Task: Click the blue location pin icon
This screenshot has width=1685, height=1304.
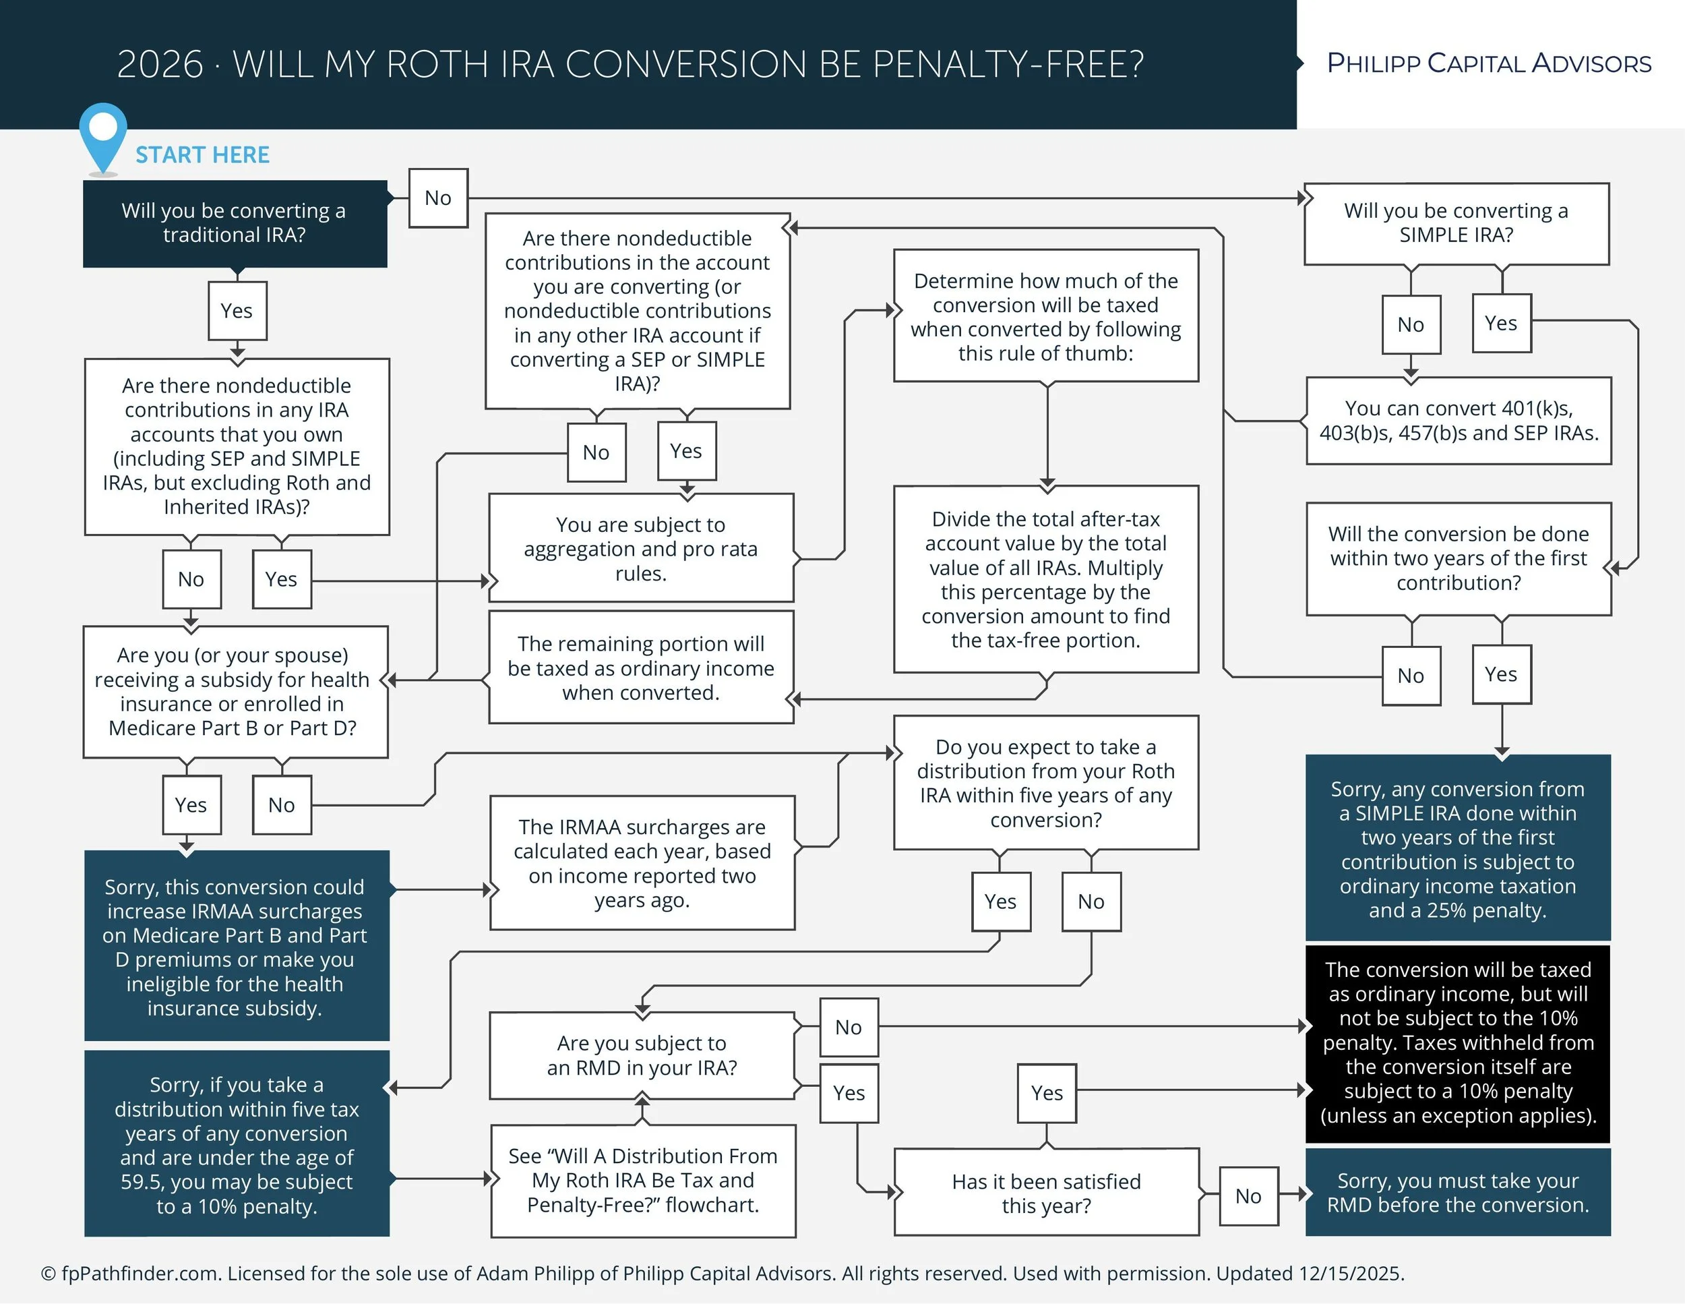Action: coord(102,133)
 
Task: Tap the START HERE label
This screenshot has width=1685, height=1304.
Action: coord(202,155)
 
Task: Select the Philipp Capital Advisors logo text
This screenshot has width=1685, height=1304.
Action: coord(1488,63)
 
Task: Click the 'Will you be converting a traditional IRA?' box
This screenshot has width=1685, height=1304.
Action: coord(235,224)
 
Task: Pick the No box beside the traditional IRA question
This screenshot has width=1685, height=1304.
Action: coord(438,198)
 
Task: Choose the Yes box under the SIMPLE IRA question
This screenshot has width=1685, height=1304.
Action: coord(1500,323)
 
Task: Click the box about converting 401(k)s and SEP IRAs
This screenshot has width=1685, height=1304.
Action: coord(1458,421)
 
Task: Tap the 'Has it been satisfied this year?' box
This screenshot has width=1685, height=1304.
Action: coord(1045,1193)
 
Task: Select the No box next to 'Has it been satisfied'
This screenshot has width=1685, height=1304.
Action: coord(1248,1196)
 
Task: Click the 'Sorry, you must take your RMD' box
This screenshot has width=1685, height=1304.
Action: coord(1457,1193)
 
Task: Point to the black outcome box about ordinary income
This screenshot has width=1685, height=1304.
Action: coord(1457,1042)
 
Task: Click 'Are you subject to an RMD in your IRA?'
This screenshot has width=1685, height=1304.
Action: coord(642,1056)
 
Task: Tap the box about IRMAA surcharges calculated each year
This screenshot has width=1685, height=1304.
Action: coord(642,862)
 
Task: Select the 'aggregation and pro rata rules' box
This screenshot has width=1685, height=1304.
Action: coord(640,549)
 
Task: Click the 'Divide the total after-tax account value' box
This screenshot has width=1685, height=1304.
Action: coord(1045,579)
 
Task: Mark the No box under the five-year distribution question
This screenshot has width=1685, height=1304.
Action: coord(1091,901)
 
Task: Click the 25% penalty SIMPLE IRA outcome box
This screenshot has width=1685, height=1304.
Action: coord(1457,849)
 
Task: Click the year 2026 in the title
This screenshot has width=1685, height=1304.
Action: coord(160,65)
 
